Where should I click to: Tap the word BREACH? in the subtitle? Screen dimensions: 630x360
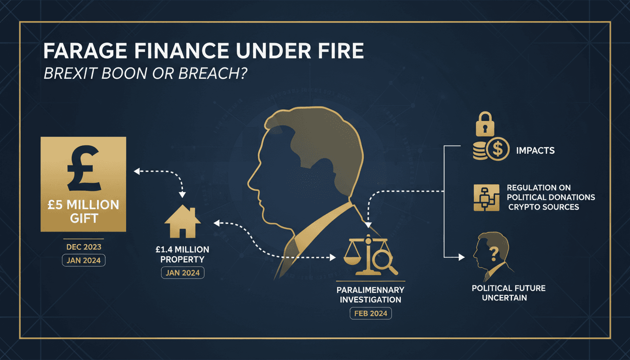pos(213,74)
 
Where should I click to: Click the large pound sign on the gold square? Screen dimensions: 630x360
pos(83,168)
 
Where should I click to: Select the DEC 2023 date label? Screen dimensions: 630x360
pos(84,247)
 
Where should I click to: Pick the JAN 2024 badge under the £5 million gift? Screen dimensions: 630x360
pos(83,261)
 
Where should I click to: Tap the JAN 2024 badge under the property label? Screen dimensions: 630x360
pos(182,273)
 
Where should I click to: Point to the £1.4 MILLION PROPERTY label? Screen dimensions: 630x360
pos(182,254)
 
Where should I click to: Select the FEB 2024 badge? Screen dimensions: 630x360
pos(371,313)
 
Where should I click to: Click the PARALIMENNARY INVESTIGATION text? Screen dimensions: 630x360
pos(370,295)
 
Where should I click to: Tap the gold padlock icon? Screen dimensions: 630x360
pos(485,124)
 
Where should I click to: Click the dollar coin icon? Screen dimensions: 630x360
pos(498,149)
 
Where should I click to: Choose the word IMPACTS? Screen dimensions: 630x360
pos(535,150)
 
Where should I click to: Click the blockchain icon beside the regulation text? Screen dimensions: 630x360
pos(486,197)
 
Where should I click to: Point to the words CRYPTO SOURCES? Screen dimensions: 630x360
pos(544,207)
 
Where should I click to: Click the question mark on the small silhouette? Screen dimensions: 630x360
pos(494,254)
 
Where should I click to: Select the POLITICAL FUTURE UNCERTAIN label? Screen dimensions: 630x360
pos(509,293)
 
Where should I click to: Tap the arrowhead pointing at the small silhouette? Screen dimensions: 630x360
pos(462,257)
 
